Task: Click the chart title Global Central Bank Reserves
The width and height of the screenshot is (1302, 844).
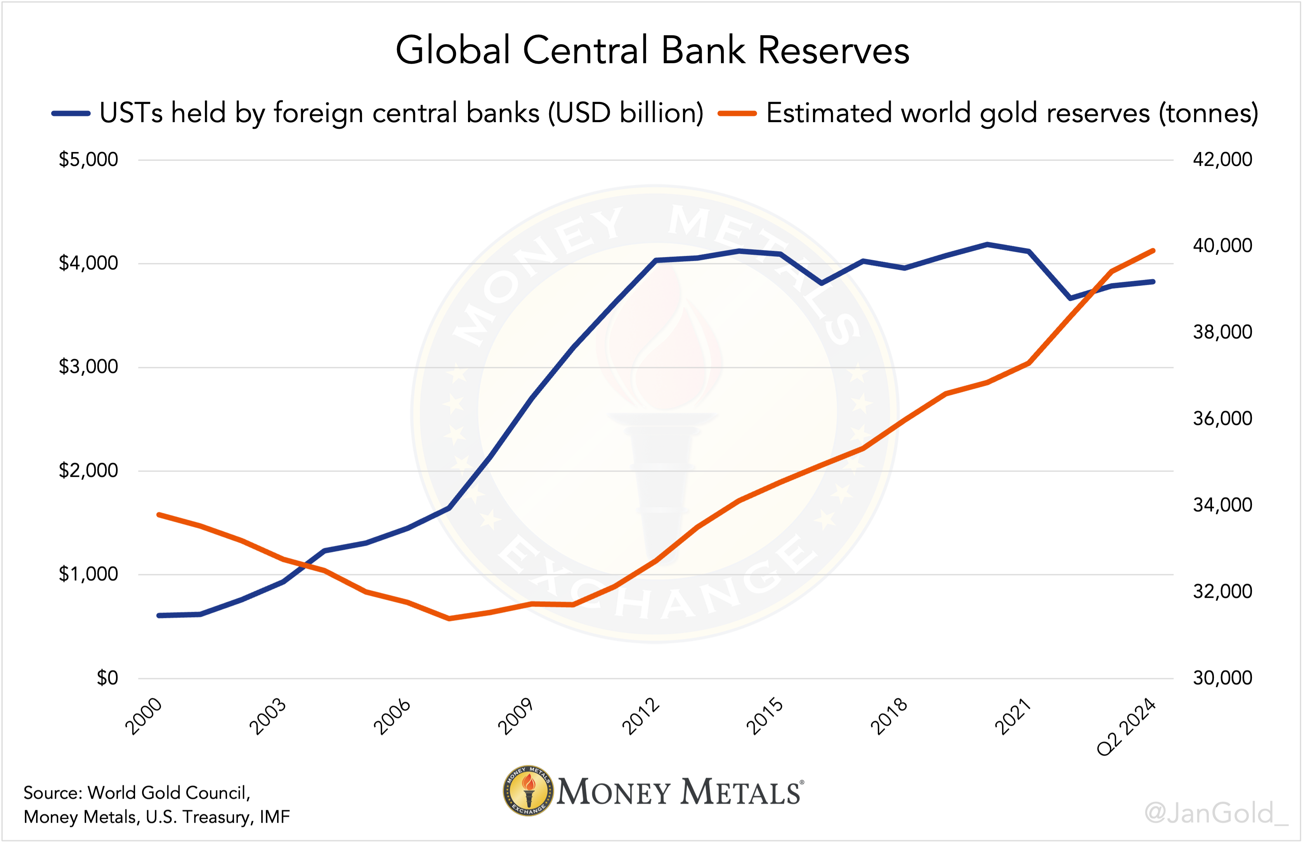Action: (652, 50)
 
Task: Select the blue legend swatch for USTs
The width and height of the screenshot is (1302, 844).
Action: (71, 114)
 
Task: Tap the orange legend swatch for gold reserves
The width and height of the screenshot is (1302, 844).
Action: (737, 114)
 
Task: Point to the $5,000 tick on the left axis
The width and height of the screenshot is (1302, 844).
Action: (88, 160)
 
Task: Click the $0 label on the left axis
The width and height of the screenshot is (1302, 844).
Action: (107, 678)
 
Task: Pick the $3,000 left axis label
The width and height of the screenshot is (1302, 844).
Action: (88, 367)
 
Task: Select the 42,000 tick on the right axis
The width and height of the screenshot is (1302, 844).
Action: (1222, 160)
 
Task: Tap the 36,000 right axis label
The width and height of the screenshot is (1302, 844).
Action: (1222, 419)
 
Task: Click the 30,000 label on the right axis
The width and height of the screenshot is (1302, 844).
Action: (1222, 678)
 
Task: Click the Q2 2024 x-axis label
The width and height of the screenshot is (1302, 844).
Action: (1126, 727)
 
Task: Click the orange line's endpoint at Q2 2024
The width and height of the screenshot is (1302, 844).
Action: (1153, 251)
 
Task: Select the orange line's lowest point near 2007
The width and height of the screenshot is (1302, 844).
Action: (449, 619)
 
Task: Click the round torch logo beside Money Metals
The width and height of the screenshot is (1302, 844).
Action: (528, 790)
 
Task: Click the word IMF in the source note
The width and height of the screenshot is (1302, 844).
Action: (275, 817)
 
